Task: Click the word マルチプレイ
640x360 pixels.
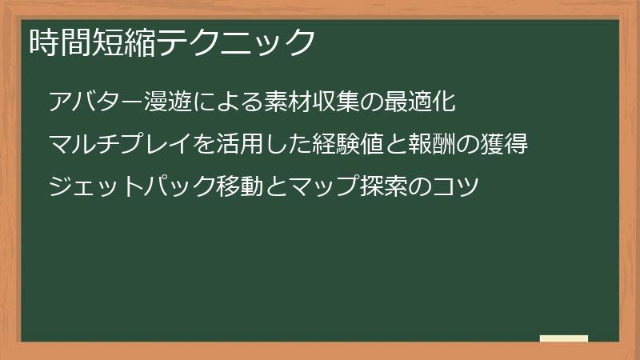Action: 120,146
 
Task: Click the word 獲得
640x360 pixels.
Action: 505,146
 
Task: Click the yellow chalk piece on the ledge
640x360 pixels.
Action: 563,338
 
